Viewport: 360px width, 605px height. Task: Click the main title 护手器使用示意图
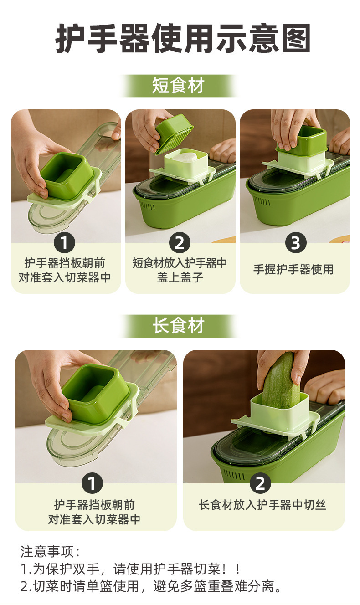(183, 39)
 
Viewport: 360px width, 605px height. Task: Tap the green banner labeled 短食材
(178, 86)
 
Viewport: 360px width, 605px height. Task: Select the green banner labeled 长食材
(178, 326)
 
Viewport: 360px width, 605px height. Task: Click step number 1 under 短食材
(64, 242)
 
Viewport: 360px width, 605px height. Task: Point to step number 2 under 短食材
(180, 242)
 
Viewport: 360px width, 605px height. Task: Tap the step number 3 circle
(296, 242)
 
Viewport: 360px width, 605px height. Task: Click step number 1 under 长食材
(92, 483)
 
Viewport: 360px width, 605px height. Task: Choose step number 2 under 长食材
(260, 483)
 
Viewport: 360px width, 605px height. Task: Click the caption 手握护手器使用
(293, 270)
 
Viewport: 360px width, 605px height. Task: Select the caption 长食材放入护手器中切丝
(262, 505)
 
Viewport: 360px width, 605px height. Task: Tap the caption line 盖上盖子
(180, 277)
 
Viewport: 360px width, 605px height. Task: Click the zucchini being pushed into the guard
(281, 378)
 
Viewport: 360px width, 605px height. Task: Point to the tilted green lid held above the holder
(174, 134)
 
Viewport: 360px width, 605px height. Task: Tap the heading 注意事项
(50, 552)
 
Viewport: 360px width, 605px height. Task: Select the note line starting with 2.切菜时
(151, 586)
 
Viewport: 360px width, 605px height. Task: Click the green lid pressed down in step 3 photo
(302, 141)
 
